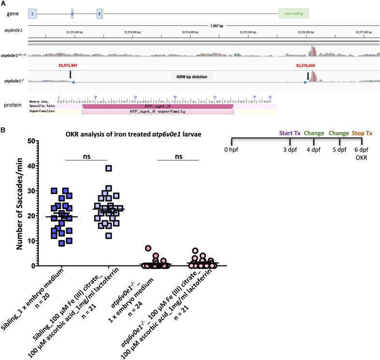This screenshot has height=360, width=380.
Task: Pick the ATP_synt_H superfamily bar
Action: click(158, 111)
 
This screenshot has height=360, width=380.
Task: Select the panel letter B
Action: click(3, 130)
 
